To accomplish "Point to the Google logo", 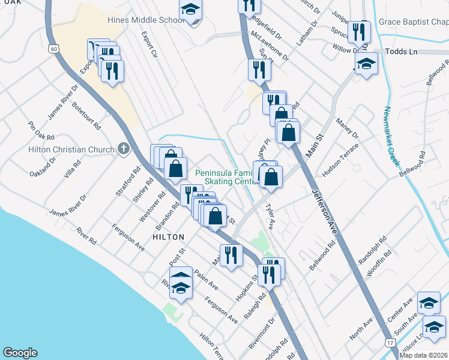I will point(20,353).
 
